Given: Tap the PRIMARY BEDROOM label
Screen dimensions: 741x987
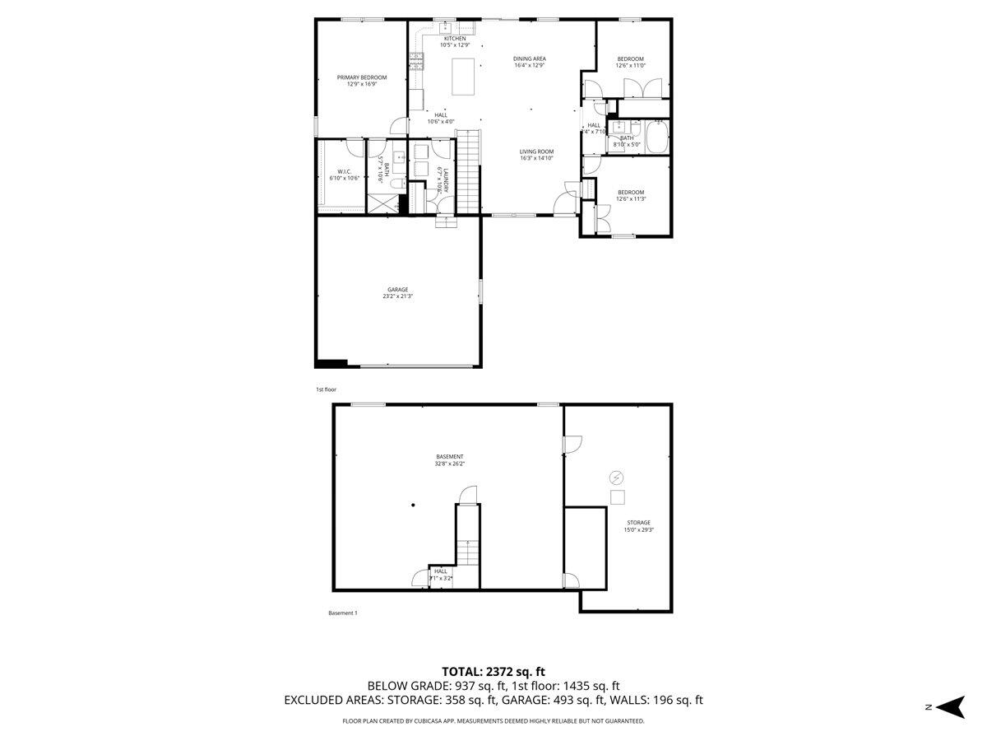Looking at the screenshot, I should [x=361, y=77].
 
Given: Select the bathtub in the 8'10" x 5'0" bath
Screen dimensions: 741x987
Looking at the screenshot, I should [x=658, y=137].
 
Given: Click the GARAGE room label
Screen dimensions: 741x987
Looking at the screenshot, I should [x=398, y=290].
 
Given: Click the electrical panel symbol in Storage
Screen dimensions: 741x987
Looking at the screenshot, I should [x=616, y=478].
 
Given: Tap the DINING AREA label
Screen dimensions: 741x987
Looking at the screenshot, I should [x=529, y=58].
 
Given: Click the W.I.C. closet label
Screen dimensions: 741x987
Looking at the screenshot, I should [x=344, y=171].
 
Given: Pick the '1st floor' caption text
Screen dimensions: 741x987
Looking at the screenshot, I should [x=327, y=389].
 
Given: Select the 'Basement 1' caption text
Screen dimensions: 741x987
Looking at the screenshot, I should [x=343, y=613].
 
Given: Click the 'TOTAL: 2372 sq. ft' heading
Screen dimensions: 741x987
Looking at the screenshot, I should [x=493, y=672].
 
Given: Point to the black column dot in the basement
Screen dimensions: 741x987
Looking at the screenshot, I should [x=413, y=506].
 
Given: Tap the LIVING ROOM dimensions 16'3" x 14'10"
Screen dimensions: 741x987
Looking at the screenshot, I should [x=536, y=159].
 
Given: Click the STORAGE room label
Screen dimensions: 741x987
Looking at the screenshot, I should [x=638, y=523].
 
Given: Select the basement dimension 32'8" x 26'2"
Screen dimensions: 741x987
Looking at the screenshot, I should [x=450, y=464].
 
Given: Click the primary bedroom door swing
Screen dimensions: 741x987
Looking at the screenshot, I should [x=399, y=126].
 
